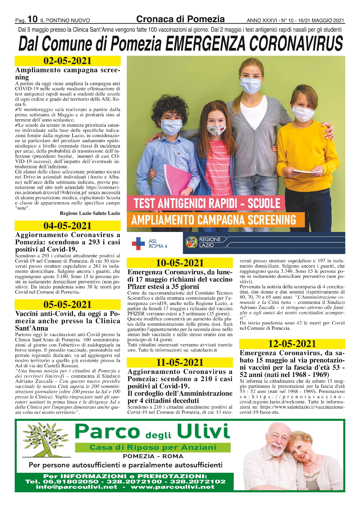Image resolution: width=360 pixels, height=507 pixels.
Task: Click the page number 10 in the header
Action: pos(32,19)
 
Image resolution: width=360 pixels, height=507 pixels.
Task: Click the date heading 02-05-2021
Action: pos(67,61)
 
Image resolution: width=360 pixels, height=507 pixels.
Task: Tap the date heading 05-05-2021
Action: pos(67,304)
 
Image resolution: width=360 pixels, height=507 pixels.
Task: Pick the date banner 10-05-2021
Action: pos(180,263)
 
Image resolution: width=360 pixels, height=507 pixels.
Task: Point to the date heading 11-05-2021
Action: pos(180,363)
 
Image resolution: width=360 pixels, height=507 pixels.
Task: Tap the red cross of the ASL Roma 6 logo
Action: pos(138,243)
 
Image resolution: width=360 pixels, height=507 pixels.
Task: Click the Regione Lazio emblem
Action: pos(192,242)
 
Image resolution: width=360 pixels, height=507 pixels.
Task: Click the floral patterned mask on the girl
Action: pos(216,130)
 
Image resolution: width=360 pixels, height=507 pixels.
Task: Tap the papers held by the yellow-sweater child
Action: pos(303,171)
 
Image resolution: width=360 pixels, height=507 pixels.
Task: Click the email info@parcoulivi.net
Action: pos(77,487)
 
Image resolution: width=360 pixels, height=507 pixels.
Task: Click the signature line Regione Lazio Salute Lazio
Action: pos(90,213)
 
